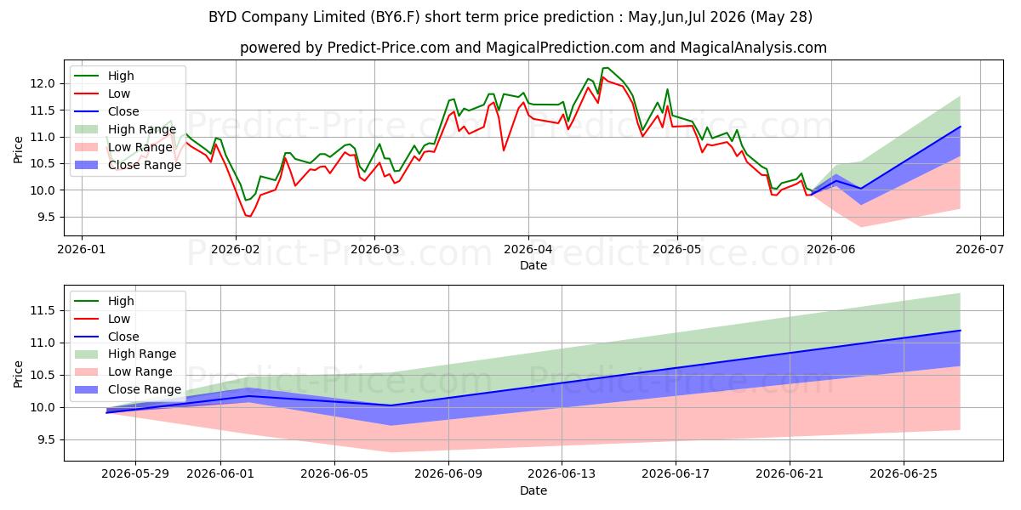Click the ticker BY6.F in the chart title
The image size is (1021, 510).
click(x=395, y=17)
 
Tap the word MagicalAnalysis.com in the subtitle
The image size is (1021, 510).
click(x=754, y=48)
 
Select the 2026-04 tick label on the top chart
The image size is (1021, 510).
click(x=528, y=250)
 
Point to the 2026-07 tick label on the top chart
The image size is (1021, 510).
click(x=979, y=250)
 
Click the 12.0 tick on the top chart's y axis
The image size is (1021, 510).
click(x=43, y=84)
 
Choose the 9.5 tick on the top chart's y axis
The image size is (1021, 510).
click(x=46, y=218)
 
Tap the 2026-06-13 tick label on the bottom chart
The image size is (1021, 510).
click(x=562, y=474)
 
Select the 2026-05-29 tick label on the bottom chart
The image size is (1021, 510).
click(x=135, y=474)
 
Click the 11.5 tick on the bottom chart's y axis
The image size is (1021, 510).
click(x=43, y=311)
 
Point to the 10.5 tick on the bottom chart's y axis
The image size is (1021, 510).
click(x=43, y=376)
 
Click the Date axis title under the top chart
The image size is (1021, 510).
click(x=533, y=265)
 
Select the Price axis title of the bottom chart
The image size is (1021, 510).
click(x=18, y=374)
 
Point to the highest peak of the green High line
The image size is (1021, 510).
click(x=605, y=68)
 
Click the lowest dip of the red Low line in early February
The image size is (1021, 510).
click(x=249, y=216)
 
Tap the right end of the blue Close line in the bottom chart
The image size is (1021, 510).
click(x=961, y=331)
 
